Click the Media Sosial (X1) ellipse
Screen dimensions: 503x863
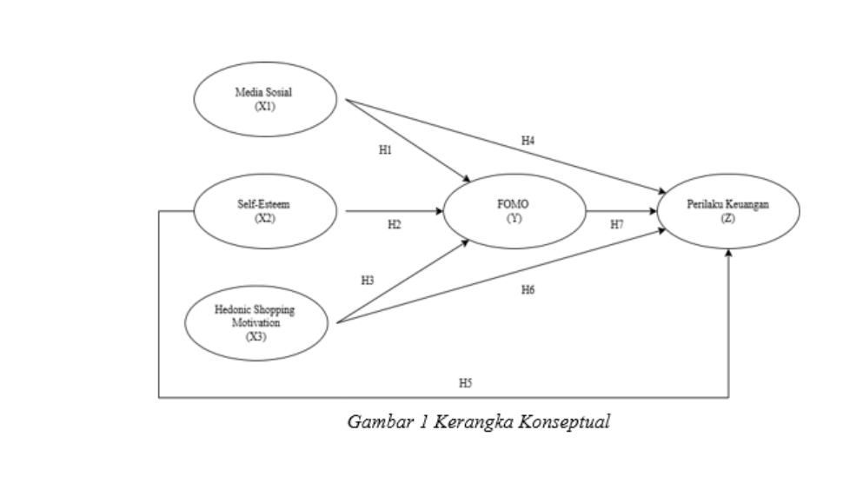pos(265,99)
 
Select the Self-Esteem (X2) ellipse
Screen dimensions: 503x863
pos(264,211)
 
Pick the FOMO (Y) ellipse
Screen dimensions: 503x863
pos(513,210)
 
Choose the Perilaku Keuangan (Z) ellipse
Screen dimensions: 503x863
pos(728,210)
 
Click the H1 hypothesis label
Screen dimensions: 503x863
pos(385,150)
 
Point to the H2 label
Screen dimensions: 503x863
pos(395,224)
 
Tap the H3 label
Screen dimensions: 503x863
pos(368,281)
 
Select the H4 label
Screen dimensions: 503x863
pos(528,140)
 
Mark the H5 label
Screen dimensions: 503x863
pos(465,382)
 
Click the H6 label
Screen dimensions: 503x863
pos(528,289)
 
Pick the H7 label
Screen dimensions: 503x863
pos(616,224)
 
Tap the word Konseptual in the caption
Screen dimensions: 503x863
pos(569,423)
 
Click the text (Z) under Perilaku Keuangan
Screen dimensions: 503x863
pos(728,217)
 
